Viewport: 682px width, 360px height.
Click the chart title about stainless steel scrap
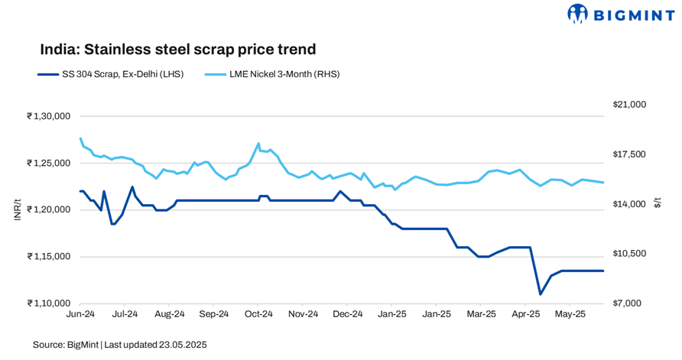tap(178, 50)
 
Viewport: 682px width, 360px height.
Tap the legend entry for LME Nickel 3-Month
tap(271, 74)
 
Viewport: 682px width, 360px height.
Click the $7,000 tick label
tap(631, 303)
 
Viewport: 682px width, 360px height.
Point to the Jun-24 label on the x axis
tap(81, 314)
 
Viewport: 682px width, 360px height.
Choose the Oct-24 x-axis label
tap(258, 314)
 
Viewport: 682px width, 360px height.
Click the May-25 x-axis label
tap(570, 314)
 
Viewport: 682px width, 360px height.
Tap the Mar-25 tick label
tap(481, 314)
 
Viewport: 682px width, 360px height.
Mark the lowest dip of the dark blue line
tap(540, 294)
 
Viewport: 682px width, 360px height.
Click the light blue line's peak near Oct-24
tap(258, 143)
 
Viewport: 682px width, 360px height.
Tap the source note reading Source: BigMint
tap(66, 345)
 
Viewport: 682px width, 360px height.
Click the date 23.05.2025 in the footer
tap(182, 345)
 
